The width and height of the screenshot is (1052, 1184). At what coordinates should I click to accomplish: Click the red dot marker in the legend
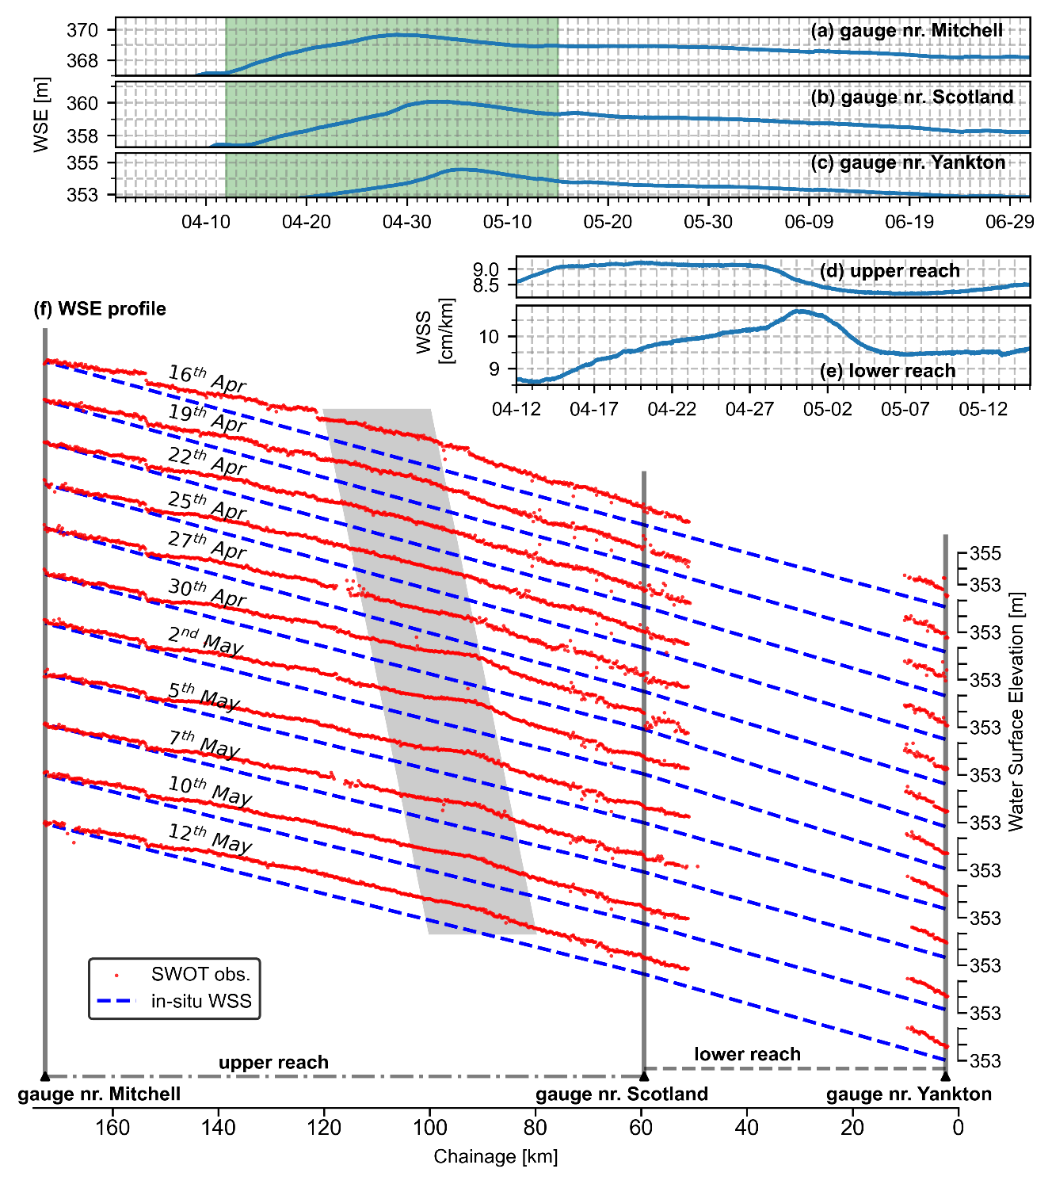tap(116, 975)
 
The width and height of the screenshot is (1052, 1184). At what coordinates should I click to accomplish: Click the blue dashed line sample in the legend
tap(116, 1000)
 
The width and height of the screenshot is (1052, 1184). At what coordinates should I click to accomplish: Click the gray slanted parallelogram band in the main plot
tap(428, 674)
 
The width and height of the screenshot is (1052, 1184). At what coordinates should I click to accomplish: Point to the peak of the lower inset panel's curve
tap(800, 311)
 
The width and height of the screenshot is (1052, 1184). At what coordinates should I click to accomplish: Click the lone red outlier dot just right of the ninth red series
tap(697, 866)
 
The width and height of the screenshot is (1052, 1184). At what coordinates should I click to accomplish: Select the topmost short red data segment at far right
tap(924, 580)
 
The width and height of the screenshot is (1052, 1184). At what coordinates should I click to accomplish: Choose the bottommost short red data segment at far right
tap(927, 1036)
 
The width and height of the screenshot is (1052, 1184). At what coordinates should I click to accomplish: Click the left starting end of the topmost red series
tap(46, 362)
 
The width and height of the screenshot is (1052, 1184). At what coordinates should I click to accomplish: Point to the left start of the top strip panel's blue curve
tap(200, 73)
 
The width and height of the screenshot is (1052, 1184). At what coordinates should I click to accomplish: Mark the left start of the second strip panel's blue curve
tap(212, 144)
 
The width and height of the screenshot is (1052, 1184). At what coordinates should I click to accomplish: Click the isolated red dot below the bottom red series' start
tap(74, 842)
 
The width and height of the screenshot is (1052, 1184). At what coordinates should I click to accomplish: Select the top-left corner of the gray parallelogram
tap(322, 409)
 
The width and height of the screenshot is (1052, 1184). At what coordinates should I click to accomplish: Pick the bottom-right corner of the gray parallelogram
tap(536, 934)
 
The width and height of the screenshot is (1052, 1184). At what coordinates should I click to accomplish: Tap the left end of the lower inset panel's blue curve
tap(520, 380)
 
